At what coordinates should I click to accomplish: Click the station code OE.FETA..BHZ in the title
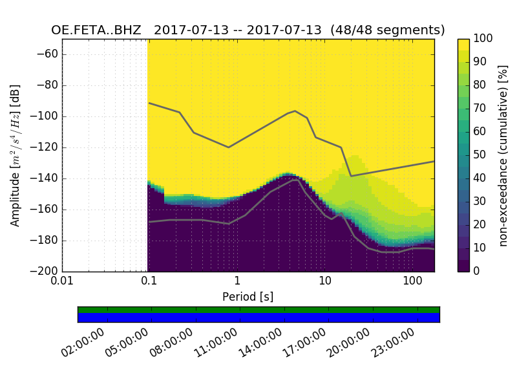pos(96,30)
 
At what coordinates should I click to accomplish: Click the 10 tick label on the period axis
pos(325,282)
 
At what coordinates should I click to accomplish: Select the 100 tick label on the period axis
pos(412,282)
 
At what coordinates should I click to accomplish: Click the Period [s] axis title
pos(248,297)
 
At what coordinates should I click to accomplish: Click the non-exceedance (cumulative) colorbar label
pos(503,155)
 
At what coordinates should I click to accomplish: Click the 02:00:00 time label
pos(82,343)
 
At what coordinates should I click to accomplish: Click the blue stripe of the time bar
pos(258,318)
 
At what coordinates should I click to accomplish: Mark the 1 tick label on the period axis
pos(237,282)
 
